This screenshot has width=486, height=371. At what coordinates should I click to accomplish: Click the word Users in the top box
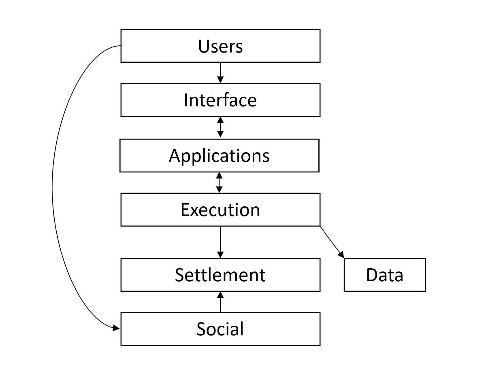220,46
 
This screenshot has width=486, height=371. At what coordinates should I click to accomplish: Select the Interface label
220,100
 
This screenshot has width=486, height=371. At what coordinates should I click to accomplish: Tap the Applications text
219,155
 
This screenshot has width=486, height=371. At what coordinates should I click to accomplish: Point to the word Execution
220,210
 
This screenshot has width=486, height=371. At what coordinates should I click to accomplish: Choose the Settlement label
220,275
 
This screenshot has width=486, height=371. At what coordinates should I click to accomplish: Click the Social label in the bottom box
220,329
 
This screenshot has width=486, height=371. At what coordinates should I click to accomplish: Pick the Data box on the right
384,275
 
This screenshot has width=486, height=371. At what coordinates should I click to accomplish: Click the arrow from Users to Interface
220,72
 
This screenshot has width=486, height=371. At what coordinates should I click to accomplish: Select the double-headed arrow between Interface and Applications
220,127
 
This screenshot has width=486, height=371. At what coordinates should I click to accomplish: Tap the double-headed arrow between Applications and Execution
220,182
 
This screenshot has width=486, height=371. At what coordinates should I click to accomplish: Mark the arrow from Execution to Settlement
220,242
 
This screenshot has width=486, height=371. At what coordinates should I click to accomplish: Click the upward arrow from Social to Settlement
220,302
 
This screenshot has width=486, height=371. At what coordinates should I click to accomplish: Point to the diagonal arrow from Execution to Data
332,242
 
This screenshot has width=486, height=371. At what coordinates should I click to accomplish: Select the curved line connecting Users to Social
53,186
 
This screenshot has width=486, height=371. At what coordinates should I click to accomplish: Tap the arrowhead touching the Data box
341,254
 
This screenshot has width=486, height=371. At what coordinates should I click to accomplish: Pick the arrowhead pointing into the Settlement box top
220,254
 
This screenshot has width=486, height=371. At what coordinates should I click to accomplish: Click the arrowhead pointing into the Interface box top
220,80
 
